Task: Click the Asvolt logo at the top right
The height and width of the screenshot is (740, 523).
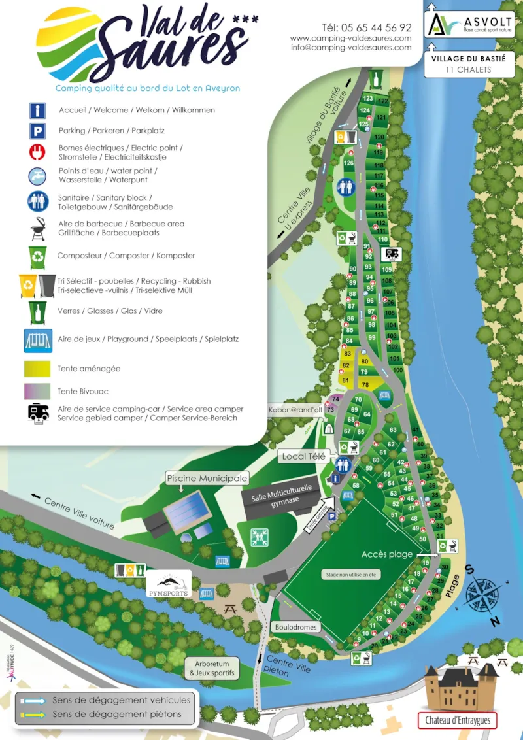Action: (469, 24)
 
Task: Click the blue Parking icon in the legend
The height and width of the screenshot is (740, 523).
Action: (37, 131)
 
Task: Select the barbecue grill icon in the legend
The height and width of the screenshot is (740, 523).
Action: (37, 229)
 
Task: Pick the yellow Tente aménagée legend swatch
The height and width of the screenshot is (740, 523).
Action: (37, 369)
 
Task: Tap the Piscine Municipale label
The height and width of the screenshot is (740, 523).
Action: (207, 479)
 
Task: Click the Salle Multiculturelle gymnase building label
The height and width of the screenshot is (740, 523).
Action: (281, 494)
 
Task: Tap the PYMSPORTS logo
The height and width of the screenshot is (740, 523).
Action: (168, 584)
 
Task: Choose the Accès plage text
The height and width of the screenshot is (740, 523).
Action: (387, 554)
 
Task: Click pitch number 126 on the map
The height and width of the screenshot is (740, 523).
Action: (348, 163)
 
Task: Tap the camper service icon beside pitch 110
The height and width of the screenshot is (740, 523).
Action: (393, 254)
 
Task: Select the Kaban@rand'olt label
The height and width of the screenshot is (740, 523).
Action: (295, 410)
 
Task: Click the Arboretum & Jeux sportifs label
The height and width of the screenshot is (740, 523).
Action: (211, 668)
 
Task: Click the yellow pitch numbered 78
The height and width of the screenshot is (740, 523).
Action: (365, 385)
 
